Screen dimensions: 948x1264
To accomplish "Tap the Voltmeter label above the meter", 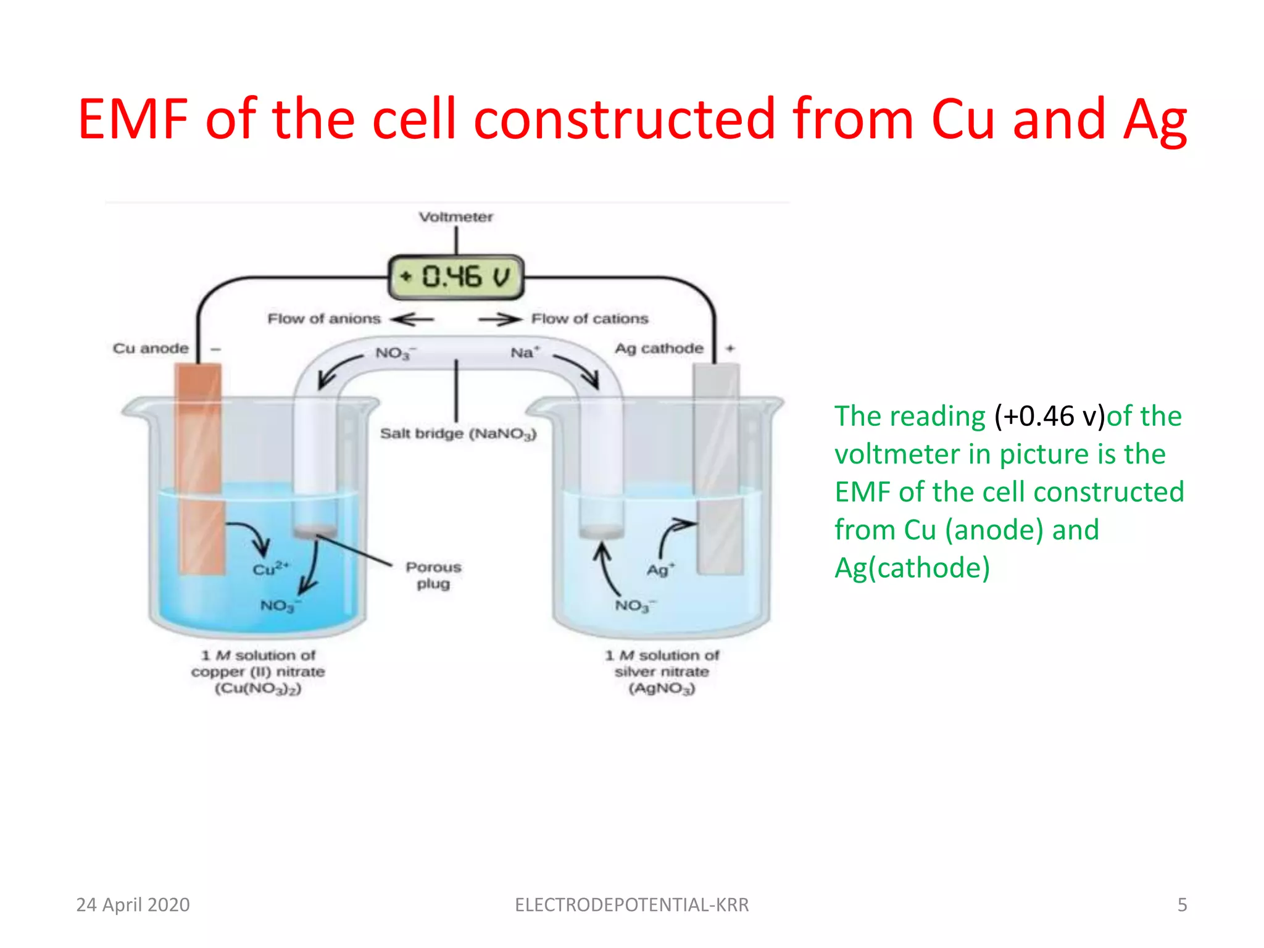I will tap(455, 217).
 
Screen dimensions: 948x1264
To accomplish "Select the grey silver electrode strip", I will tap(717, 469).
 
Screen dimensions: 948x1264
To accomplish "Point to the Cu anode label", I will tap(151, 349).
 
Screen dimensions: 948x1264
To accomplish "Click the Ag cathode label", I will tap(659, 349).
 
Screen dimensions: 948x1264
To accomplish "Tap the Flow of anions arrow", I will tap(412, 319).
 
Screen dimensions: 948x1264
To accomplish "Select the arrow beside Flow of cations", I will tap(500, 319).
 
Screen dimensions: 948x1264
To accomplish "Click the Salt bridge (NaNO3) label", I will tap(458, 434).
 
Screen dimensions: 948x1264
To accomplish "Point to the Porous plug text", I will tap(433, 575).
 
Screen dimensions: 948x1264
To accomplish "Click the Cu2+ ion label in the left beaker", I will tap(270, 568).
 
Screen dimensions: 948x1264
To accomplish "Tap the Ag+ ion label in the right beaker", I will tap(660, 569).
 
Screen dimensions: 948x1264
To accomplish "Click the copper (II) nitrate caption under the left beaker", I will tap(258, 671).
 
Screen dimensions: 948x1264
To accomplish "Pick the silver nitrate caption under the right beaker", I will tap(662, 671).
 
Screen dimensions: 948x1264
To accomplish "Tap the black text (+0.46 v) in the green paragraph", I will tap(1049, 417).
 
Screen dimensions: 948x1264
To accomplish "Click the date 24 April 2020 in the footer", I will tap(133, 905).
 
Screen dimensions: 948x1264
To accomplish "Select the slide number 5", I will tap(1182, 905).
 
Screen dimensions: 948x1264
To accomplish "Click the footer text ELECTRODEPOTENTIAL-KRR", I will tap(631, 905).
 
